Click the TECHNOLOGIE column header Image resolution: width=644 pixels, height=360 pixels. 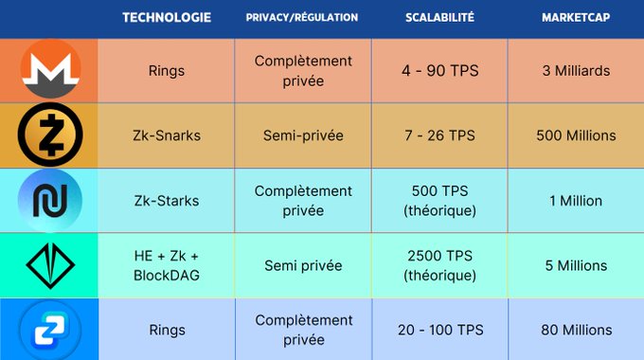pyautogui.click(x=167, y=17)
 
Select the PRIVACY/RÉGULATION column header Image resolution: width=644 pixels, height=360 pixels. pyautogui.click(x=302, y=17)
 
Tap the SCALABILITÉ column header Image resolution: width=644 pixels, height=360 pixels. pyautogui.click(x=439, y=17)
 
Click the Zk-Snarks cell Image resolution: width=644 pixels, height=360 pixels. pyautogui.click(x=167, y=135)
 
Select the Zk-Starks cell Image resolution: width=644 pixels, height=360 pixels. pyautogui.click(x=167, y=201)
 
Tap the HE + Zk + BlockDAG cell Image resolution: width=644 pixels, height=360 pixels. pyautogui.click(x=167, y=265)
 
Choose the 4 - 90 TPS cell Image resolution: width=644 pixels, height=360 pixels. pyautogui.click(x=439, y=71)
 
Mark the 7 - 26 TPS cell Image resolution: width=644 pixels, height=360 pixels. pyautogui.click(x=439, y=135)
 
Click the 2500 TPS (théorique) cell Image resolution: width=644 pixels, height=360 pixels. pyautogui.click(x=439, y=265)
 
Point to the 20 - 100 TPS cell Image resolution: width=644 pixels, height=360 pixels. pyautogui.click(x=439, y=331)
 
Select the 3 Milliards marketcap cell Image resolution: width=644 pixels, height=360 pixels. pyautogui.click(x=575, y=71)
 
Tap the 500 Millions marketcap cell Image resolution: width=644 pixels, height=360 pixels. pyautogui.click(x=575, y=135)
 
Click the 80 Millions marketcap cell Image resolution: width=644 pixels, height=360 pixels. pyautogui.click(x=575, y=331)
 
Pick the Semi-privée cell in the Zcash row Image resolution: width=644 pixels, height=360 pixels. pyautogui.click(x=302, y=135)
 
